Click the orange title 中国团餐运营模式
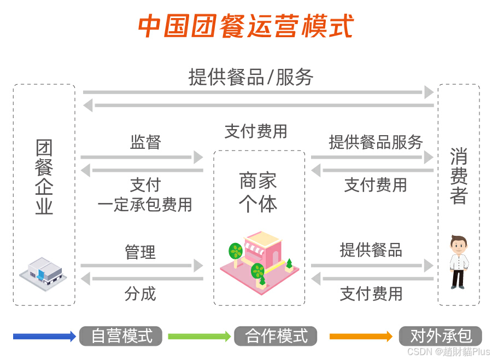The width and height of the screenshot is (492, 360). coord(245,26)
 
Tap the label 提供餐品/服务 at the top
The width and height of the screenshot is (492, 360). coord(251,77)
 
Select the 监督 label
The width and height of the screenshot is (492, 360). coord(145,142)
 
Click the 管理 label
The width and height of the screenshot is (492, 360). coord(140,252)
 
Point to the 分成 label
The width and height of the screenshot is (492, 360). coord(140,294)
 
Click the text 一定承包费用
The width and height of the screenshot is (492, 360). coord(145,205)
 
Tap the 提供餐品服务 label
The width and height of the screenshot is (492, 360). coord(376,142)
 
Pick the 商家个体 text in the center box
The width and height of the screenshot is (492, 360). coord(259,192)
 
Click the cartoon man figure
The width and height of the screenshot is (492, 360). coord(459,262)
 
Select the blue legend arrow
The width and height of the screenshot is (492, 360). coord(44,336)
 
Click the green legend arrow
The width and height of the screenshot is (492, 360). coord(199,336)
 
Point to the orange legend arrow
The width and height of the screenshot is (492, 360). coord(361,336)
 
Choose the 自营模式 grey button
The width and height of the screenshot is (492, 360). coord(121,336)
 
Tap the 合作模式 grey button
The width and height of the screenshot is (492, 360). coord(276,336)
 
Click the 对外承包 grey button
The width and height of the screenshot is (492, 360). coord(441,336)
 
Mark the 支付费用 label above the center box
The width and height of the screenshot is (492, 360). coord(256,131)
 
